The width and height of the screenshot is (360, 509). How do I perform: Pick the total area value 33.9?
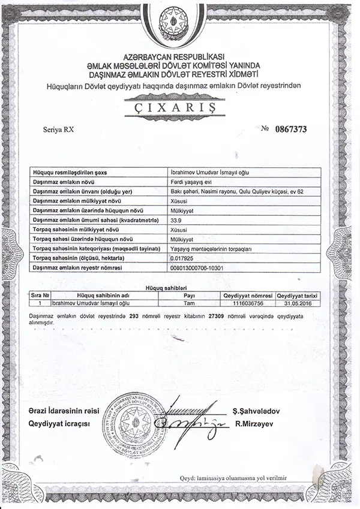coord(176,220)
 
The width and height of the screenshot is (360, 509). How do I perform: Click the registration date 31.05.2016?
coord(298,304)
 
